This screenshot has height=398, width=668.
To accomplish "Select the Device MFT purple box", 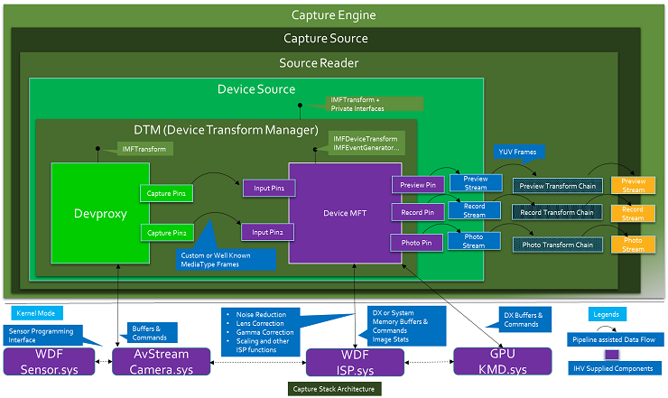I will click(338, 213).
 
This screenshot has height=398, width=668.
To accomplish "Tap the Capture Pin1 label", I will click(167, 193).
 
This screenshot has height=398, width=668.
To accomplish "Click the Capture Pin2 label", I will click(167, 233).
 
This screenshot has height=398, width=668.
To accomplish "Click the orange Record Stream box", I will click(633, 214).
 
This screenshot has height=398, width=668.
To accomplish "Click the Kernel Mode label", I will click(36, 312).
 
